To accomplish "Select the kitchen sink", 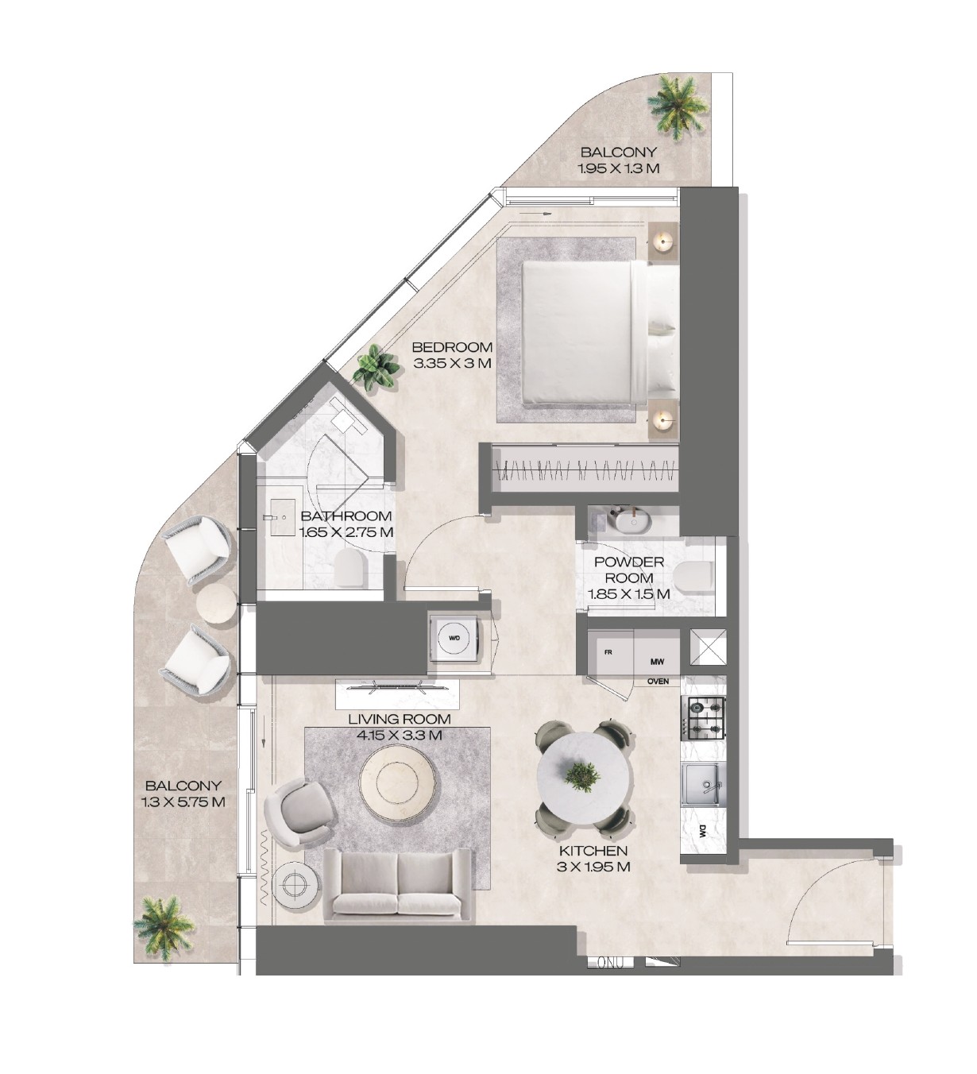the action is point(704,786).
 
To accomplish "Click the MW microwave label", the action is point(658,662).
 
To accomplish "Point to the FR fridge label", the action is point(608,652).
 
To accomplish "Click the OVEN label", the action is point(658,682).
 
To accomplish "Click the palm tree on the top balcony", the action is point(677,106).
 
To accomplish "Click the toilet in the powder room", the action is point(693,579).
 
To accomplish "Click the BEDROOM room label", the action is point(453,347).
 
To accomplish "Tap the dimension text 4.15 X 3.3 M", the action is point(400,735).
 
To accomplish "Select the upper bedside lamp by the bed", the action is point(663,241).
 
